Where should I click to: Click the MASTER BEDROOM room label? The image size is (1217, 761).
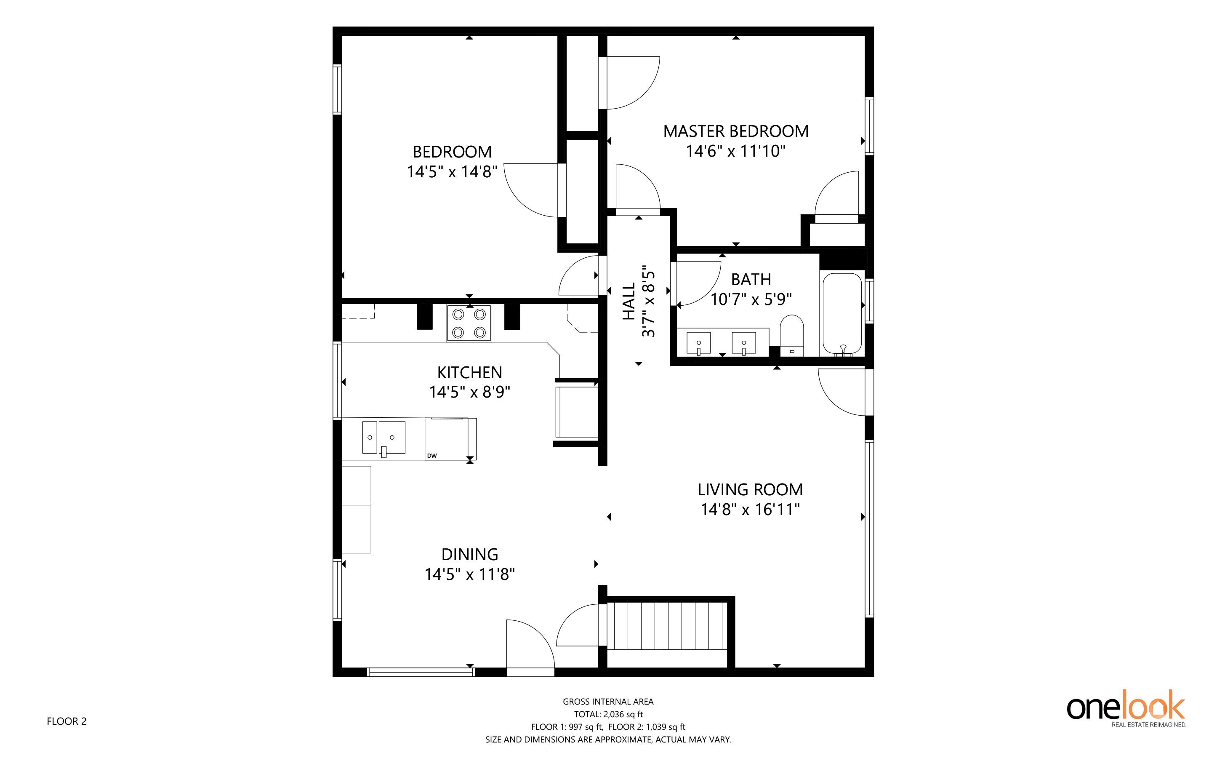(x=735, y=131)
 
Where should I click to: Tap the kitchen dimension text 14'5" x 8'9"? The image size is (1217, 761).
(x=469, y=392)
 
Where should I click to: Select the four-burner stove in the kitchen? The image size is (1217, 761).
(x=469, y=323)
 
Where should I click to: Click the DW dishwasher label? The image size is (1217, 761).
(x=431, y=456)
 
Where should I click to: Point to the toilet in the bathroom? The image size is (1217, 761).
(x=792, y=336)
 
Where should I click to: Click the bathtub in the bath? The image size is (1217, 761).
(x=842, y=314)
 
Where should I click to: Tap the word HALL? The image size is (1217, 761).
(x=629, y=301)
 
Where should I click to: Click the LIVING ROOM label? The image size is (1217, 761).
(x=750, y=490)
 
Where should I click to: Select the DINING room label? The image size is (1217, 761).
(x=469, y=555)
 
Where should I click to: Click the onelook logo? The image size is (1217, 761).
(x=1126, y=709)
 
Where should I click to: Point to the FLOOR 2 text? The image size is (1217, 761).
(x=67, y=721)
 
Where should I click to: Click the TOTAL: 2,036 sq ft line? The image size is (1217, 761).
(x=608, y=714)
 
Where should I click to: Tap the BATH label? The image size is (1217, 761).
(x=751, y=279)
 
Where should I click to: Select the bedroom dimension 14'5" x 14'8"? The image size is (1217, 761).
(x=452, y=172)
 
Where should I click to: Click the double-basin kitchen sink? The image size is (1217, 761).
(x=383, y=438)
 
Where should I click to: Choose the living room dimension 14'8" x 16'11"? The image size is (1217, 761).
(x=750, y=509)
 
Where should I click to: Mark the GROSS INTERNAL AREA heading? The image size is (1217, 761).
(x=608, y=702)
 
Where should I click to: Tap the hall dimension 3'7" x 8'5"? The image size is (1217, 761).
(x=649, y=304)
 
